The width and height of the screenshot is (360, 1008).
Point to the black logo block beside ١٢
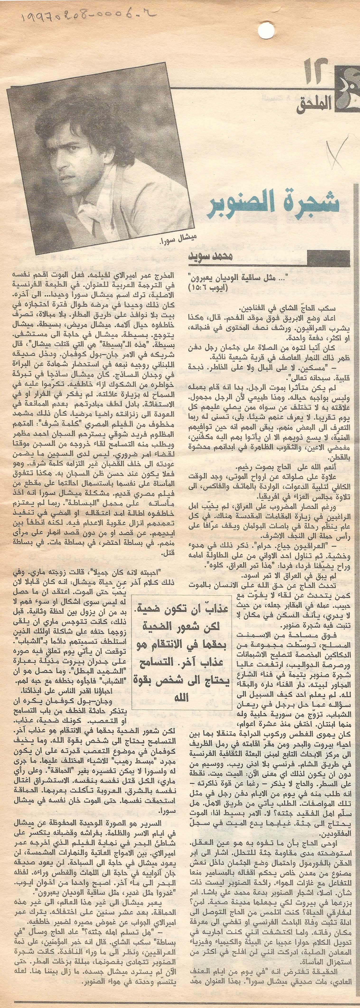point(346,86)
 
